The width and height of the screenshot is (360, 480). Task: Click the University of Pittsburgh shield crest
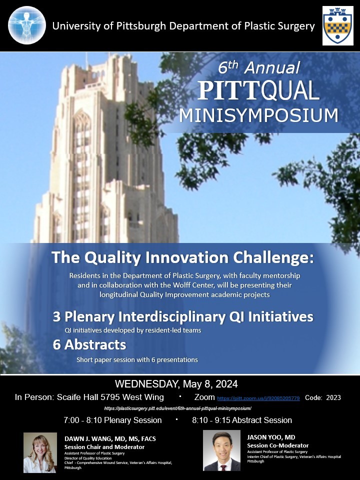[338, 25]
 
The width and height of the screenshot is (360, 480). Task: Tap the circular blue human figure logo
[27, 25]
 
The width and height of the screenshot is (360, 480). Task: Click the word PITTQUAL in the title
[258, 91]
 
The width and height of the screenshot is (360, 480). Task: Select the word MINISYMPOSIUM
[258, 115]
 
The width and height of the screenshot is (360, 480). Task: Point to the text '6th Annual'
[258, 67]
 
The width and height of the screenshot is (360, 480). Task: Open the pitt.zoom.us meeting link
[258, 398]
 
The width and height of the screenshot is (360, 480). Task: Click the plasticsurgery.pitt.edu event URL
[178, 408]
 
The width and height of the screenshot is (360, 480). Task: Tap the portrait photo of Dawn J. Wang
[40, 452]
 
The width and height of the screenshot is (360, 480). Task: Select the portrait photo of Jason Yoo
[221, 450]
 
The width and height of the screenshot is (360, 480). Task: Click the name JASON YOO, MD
[271, 437]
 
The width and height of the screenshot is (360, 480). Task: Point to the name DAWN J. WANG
[91, 439]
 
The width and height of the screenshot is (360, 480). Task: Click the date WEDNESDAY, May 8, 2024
[176, 384]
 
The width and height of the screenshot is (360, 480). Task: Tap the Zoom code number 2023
[333, 397]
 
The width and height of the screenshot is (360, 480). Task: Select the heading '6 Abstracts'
[89, 344]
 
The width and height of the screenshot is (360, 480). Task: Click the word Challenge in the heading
[273, 258]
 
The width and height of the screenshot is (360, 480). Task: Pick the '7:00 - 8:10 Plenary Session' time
[112, 420]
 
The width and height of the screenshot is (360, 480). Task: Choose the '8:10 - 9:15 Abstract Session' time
[242, 420]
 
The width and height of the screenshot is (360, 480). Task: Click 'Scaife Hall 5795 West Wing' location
[110, 397]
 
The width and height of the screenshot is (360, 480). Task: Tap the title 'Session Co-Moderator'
[278, 445]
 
